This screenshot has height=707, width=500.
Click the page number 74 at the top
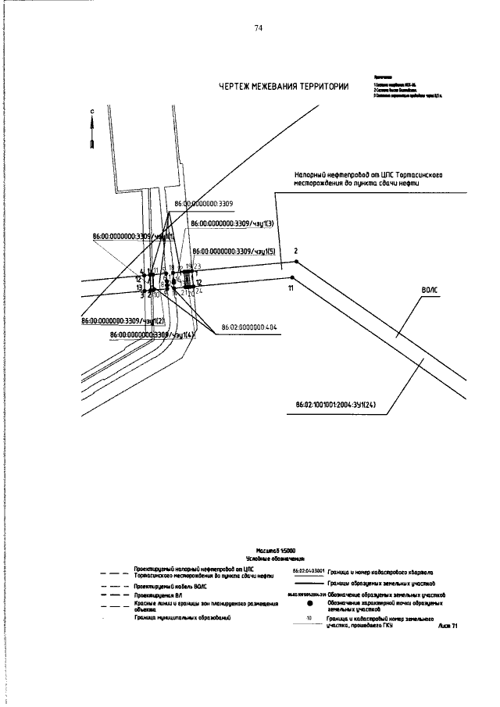tap(258, 28)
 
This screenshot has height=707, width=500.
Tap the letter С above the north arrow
tap(91, 112)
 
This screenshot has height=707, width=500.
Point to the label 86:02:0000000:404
tap(249, 327)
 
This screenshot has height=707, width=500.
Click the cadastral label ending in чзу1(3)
tap(231, 224)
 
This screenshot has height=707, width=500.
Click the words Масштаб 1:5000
tap(271, 552)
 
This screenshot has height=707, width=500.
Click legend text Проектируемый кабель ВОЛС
tap(170, 584)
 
